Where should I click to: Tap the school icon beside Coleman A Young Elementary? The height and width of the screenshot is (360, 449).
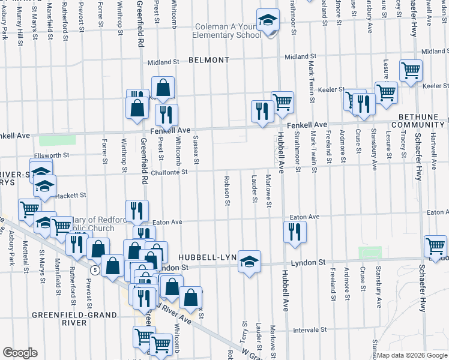coord(268,20)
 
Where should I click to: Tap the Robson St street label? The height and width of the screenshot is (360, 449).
coord(228,190)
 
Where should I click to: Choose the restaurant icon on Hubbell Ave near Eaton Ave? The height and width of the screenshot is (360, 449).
coord(294,232)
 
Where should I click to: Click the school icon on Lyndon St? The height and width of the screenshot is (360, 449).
coord(249,261)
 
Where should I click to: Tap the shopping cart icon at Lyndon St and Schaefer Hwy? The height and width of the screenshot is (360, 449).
coord(435,245)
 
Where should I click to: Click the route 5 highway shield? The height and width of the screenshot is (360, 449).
coord(95,271)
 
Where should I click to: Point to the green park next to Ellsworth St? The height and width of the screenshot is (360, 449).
coord(58,140)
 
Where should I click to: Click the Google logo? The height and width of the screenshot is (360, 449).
coord(20,353)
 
